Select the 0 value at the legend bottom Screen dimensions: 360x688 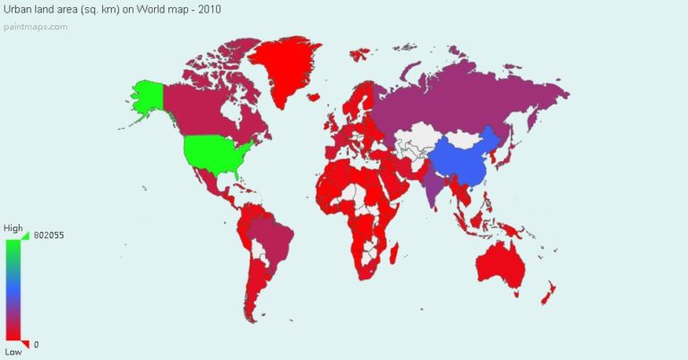click(x=37, y=345)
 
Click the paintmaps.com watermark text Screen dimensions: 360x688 click(x=36, y=26)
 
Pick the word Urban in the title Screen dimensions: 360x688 click(x=19, y=9)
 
